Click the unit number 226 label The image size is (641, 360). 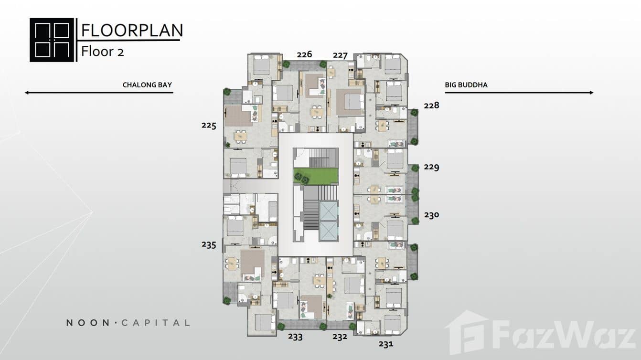(304, 54)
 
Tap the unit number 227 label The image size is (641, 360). (340, 55)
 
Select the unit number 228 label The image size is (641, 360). (431, 106)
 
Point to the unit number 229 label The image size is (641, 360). (431, 167)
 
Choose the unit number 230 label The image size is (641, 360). (431, 215)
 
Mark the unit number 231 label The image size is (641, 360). (386, 344)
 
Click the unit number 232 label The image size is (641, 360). (340, 337)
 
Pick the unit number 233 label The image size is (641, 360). (295, 337)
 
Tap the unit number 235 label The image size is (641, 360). (209, 245)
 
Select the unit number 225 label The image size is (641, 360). (209, 126)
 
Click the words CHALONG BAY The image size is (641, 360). (147, 85)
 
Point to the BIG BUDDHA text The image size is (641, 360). (466, 85)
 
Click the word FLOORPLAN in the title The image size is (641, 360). (132, 30)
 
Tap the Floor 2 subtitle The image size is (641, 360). (102, 52)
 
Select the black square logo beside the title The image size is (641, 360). (52, 40)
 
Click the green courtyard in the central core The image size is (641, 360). (316, 176)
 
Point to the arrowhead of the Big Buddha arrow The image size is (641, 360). (591, 92)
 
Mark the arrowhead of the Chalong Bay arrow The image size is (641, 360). (27, 92)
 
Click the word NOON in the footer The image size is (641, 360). (88, 323)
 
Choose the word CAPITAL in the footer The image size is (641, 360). (155, 323)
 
